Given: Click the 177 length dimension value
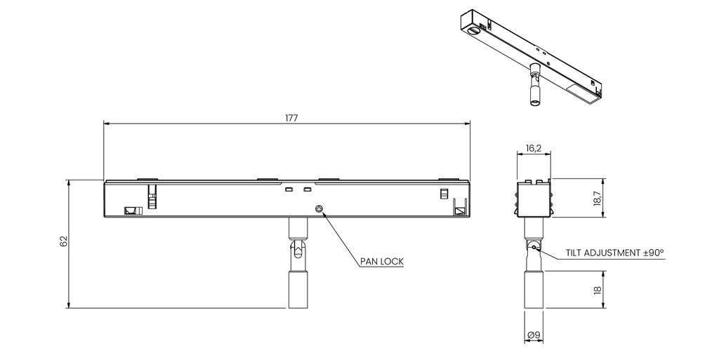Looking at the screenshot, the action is tap(291, 118).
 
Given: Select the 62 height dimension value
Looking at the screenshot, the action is tap(64, 241).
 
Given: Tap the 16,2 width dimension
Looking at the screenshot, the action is tap(534, 148).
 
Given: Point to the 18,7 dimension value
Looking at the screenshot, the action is tap(598, 199).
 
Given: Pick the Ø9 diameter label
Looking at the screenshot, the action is tap(534, 335).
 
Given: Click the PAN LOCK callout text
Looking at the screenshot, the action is tap(381, 262).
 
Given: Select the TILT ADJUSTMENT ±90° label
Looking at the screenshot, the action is tap(615, 253).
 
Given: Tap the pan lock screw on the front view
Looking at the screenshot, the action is tap(319, 209).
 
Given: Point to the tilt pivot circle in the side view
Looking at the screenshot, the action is tap(534, 247).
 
